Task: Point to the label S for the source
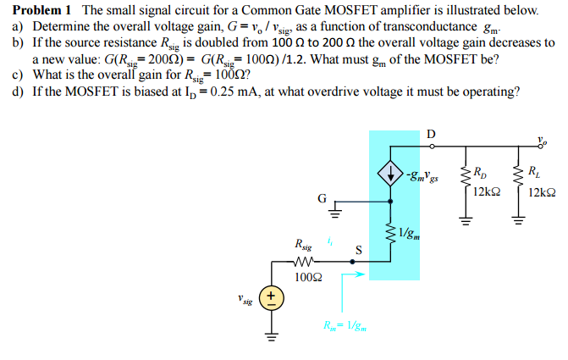pyautogui.click(x=358, y=250)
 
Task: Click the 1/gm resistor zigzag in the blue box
pyautogui.click(x=390, y=230)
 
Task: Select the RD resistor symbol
pyautogui.click(x=464, y=179)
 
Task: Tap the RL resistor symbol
pyautogui.click(x=516, y=179)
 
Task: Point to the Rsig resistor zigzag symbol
pyautogui.click(x=306, y=261)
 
